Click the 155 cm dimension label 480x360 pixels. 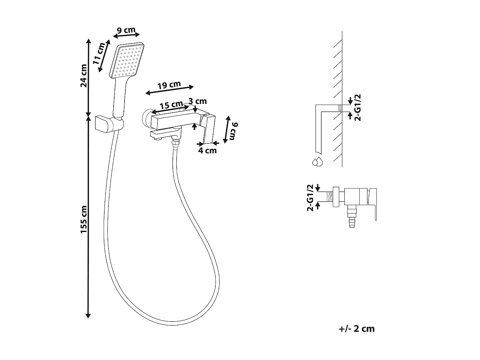click(84, 220)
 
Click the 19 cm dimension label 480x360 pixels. click(169, 85)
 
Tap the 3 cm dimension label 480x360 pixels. click(198, 101)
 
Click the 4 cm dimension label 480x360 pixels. click(207, 150)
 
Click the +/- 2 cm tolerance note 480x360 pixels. click(356, 329)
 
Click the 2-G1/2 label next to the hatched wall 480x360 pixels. click(358, 107)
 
